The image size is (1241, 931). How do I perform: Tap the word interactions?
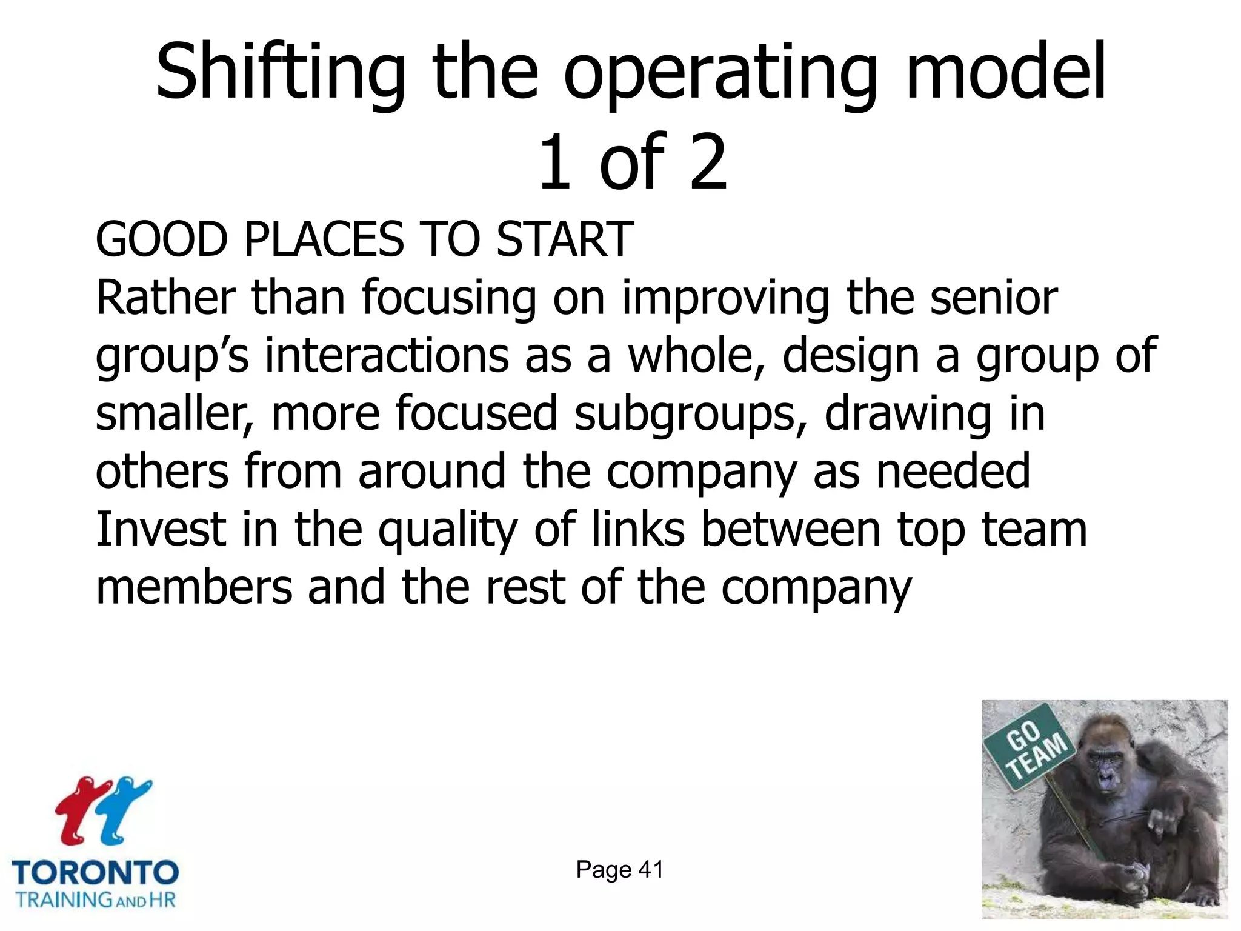387,356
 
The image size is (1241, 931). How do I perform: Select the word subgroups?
691,415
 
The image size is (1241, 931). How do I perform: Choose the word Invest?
161,529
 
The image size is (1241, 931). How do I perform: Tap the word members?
194,587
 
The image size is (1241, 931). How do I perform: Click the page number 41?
651,870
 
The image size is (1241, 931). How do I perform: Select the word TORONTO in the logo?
95,873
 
